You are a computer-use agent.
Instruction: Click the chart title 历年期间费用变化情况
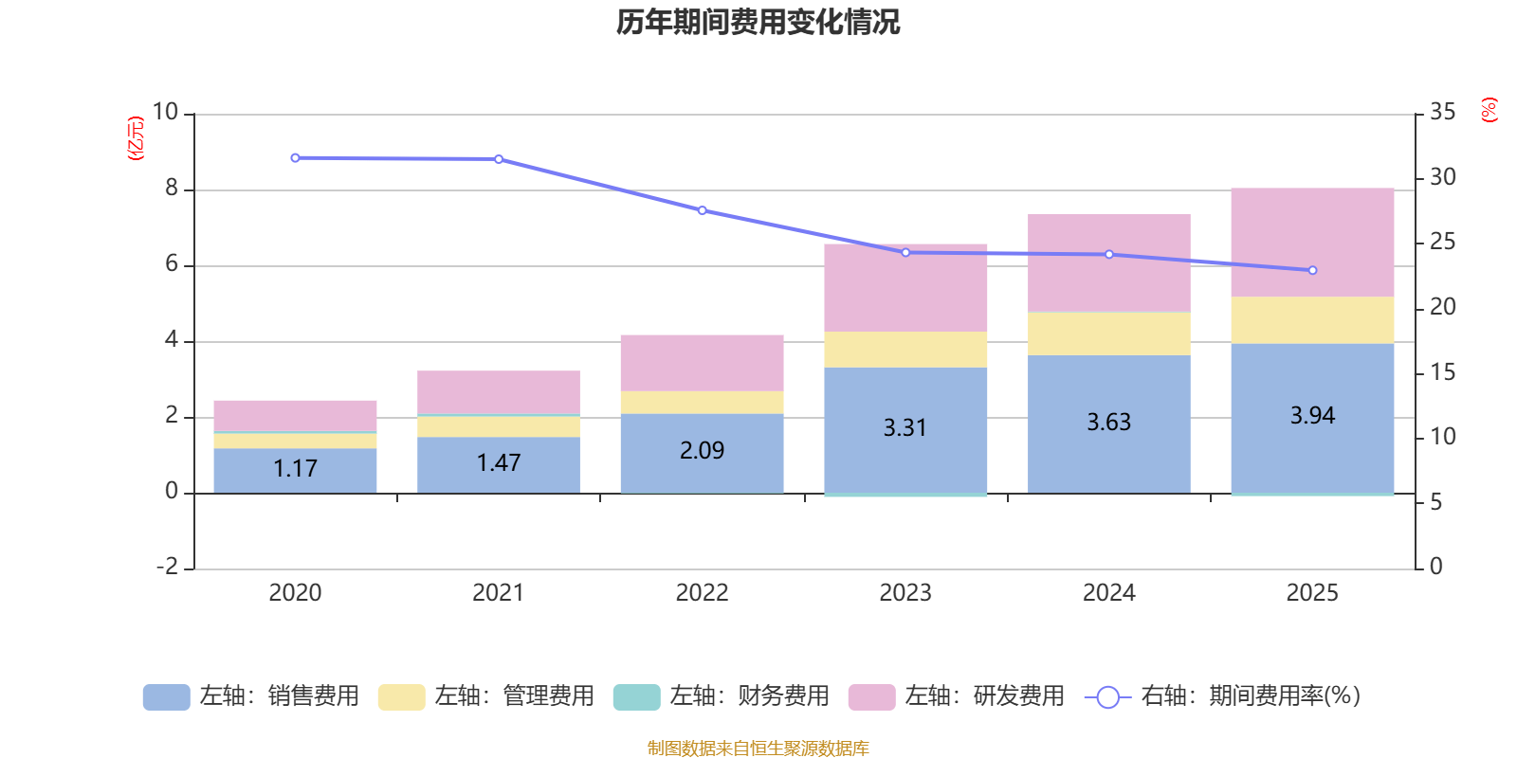[758, 22]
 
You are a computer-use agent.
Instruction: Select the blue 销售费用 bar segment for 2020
[295, 470]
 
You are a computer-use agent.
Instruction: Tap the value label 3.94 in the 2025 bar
[1312, 415]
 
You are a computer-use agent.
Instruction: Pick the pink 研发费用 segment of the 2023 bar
[905, 287]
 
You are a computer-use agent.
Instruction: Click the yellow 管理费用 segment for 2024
[1108, 334]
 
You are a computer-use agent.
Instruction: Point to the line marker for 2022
[703, 210]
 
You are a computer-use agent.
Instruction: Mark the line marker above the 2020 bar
[295, 158]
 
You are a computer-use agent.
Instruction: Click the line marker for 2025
[1312, 270]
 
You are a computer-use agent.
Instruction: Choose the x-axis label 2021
[498, 593]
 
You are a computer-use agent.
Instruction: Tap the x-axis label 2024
[1108, 593]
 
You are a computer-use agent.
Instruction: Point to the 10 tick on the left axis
[165, 113]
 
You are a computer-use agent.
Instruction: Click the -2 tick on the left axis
[167, 567]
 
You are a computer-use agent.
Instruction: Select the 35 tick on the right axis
[1442, 113]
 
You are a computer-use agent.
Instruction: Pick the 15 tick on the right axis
[1442, 372]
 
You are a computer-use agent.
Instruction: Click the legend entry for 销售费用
[251, 696]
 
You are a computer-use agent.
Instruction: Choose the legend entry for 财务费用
[722, 696]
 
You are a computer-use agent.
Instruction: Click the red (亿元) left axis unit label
[137, 138]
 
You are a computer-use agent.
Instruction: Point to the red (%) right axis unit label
[1489, 110]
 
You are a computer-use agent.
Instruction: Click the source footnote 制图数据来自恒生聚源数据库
[758, 749]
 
